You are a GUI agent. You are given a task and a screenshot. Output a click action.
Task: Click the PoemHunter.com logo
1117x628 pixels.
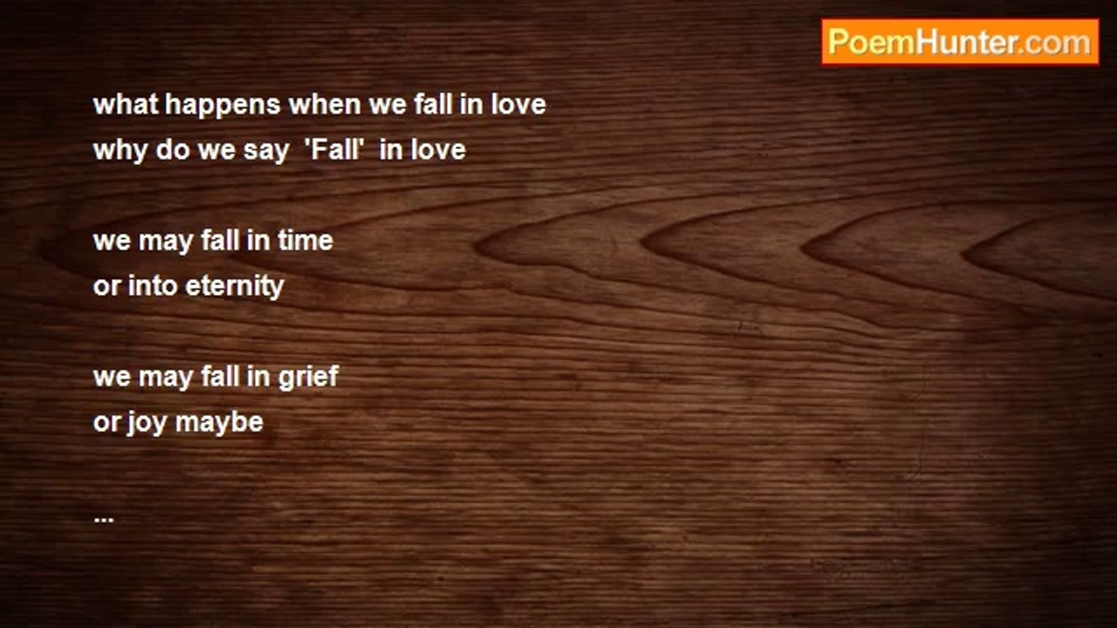coord(960,42)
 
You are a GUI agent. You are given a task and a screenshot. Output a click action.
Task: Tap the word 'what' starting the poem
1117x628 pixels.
coord(126,105)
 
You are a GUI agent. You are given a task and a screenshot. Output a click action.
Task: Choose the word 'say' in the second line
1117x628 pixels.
coord(265,151)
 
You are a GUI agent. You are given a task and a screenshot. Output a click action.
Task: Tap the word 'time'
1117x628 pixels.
coord(305,241)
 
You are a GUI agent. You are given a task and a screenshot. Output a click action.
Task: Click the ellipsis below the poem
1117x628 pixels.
coord(103,517)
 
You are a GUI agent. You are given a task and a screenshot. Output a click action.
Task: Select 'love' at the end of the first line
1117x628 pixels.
coord(517,105)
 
